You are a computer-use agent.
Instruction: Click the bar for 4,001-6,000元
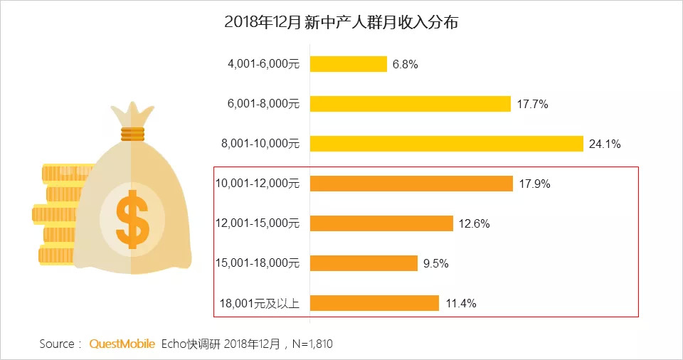tap(349, 64)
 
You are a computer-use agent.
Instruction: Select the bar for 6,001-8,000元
tap(411, 104)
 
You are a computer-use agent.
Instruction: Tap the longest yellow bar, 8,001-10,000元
tap(447, 144)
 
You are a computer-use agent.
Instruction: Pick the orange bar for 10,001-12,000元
tap(411, 184)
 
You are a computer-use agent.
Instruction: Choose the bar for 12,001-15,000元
tap(381, 223)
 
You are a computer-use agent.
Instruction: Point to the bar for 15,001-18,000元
tap(364, 263)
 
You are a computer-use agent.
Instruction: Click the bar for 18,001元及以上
tap(374, 303)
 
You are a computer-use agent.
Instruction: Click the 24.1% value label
tap(605, 144)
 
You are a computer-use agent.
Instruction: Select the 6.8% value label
tap(405, 65)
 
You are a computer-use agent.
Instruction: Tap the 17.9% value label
tap(534, 184)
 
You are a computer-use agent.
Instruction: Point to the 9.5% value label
tap(435, 264)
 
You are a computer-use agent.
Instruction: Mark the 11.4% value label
tap(460, 304)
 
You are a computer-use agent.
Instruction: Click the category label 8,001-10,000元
tap(260, 144)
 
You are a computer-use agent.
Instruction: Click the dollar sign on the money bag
tap(133, 218)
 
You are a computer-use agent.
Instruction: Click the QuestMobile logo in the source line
tap(122, 344)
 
